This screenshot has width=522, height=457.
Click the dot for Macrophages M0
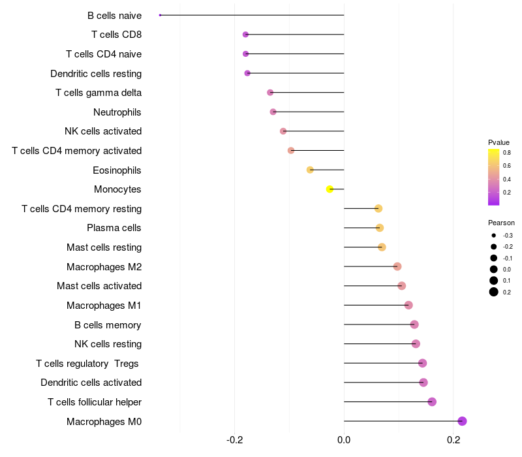pos(462,421)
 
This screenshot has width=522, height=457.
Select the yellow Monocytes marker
pos(330,189)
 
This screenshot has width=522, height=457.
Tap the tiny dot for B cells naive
pos(160,15)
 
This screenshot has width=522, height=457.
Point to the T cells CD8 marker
pos(245,35)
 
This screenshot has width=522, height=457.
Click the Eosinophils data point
pos(310,170)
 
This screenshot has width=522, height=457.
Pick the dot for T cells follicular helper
pos(432,402)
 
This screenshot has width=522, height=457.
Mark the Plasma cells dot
pos(380,228)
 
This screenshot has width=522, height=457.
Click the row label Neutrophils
pos(117,112)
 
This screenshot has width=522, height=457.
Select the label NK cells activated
pos(103,131)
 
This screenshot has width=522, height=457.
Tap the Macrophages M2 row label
pos(104,266)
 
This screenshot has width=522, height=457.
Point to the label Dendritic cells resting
pos(96,73)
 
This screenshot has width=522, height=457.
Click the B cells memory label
pos(108,324)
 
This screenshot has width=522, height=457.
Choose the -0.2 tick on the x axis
pos(235,440)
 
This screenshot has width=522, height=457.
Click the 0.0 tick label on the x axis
pos(344,440)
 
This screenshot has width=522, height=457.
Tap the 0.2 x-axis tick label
pos(453,440)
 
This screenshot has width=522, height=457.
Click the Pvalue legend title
pos(499,142)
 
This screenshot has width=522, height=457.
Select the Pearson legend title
pos(501,223)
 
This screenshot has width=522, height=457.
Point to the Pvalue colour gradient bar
pos(494,177)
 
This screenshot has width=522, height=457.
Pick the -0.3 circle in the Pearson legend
pos(494,235)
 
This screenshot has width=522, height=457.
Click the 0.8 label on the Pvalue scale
pos(507,153)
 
